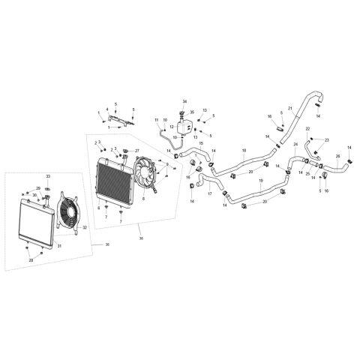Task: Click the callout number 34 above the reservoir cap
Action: [x=184, y=101]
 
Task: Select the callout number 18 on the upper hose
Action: [x=244, y=151]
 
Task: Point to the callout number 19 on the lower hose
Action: [x=260, y=181]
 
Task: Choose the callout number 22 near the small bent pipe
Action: [x=307, y=128]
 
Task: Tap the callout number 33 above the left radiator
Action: [x=48, y=176]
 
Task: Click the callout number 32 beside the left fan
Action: [x=85, y=227]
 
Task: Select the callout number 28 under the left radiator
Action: [x=31, y=259]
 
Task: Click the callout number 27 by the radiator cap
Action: [x=137, y=151]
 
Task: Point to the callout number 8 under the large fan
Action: [x=142, y=199]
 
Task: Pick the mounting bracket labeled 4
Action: [x=116, y=118]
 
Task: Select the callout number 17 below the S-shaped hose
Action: [x=209, y=194]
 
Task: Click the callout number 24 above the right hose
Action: [x=295, y=144]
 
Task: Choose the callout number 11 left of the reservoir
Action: [x=157, y=120]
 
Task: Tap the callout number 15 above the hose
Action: [x=200, y=142]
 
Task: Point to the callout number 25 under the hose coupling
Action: [x=307, y=173]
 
